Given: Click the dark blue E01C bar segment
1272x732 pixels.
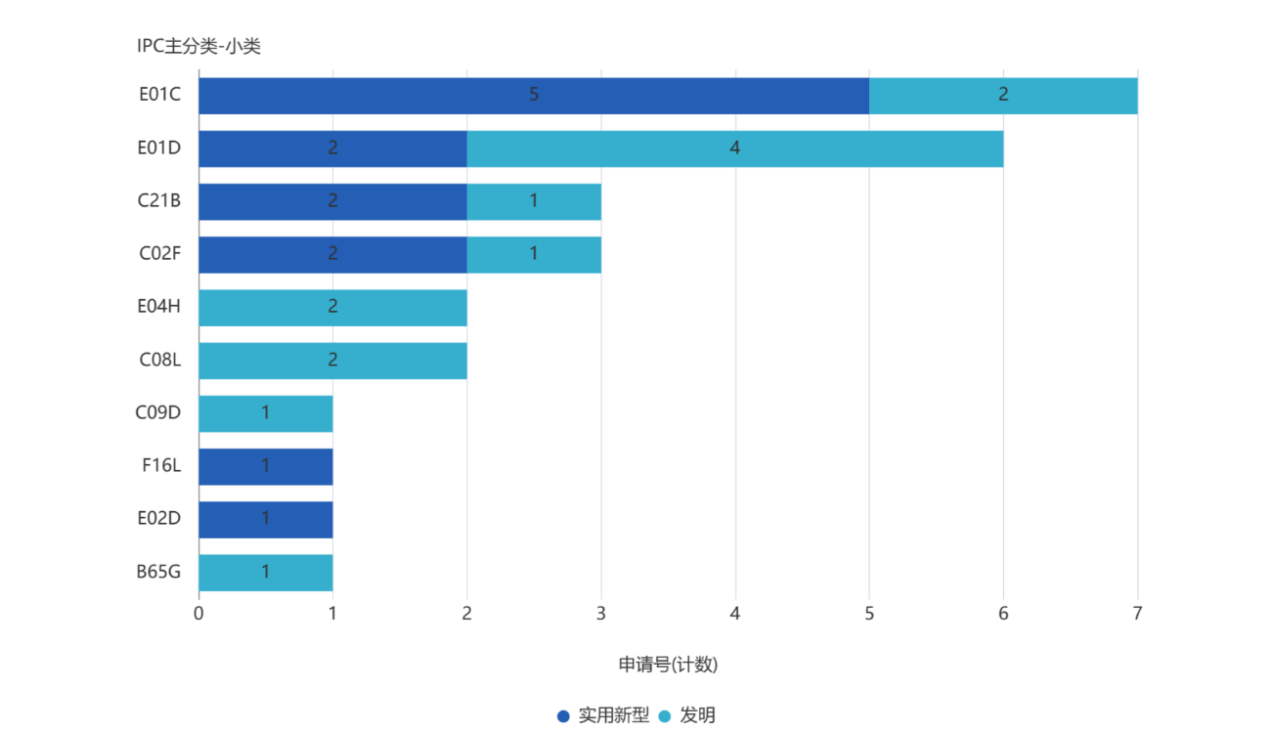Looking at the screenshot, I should [533, 95].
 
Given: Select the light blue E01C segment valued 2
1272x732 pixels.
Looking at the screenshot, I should [1003, 95].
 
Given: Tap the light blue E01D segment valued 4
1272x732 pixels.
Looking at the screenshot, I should [734, 149].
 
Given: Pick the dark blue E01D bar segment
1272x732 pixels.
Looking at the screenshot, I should [332, 149].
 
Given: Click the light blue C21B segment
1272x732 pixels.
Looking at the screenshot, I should [534, 201].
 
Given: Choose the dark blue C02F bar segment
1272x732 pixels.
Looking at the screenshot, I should [332, 254].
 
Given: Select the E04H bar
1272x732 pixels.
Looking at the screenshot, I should [332, 307].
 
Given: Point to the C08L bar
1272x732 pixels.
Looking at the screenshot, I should [332, 360].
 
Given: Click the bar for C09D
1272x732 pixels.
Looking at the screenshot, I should [265, 413].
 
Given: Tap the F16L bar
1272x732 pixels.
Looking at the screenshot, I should [265, 466].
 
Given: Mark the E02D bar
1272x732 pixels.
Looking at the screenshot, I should [265, 519].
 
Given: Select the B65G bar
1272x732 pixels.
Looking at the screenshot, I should [265, 572].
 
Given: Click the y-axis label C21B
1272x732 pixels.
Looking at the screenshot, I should [159, 201].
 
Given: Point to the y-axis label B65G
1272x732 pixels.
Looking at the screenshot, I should [158, 572].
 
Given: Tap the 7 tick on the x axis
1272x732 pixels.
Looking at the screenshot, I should [1137, 614].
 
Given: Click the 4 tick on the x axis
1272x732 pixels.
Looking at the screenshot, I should [735, 614].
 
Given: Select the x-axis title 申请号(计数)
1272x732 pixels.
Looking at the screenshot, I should [668, 665].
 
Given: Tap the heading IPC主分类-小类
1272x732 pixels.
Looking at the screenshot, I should [198, 46].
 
